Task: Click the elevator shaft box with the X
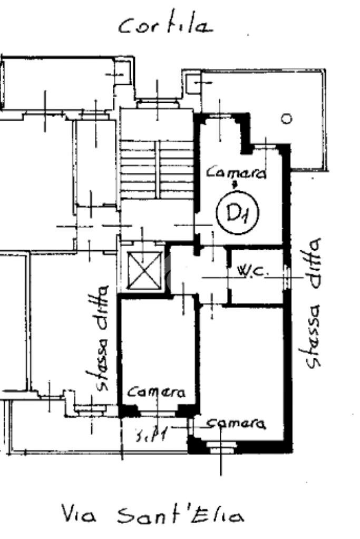pyautogui.click(x=145, y=270)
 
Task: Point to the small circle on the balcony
pyautogui.click(x=286, y=119)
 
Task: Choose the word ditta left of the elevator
pyautogui.click(x=103, y=307)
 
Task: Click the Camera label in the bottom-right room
pyautogui.click(x=235, y=423)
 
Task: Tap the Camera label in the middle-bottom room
pyautogui.click(x=157, y=393)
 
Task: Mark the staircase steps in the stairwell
pyautogui.click(x=157, y=169)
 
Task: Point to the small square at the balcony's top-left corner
pyautogui.click(x=193, y=82)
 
